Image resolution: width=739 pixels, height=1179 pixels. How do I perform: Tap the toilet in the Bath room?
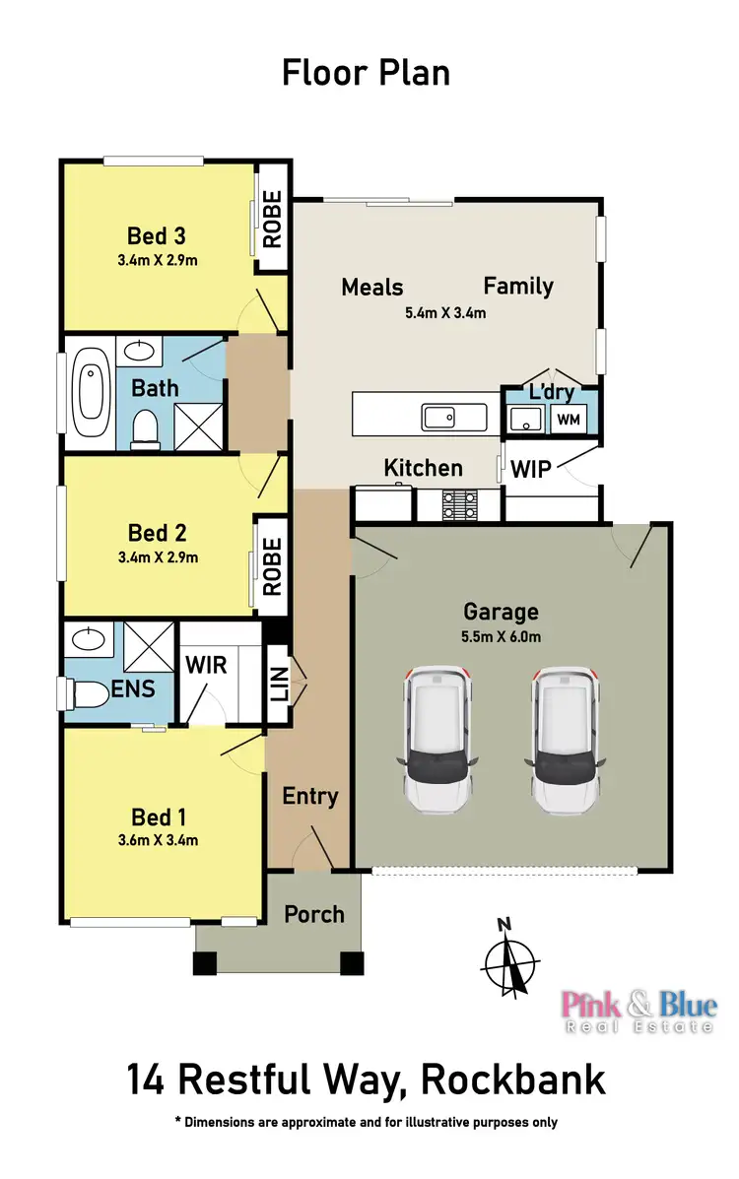pos(147,426)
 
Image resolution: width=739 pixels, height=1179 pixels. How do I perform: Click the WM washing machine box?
pos(569,421)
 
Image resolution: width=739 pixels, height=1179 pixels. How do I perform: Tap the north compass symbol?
pos(509,960)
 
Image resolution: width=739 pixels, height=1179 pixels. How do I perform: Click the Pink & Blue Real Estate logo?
pos(638,1011)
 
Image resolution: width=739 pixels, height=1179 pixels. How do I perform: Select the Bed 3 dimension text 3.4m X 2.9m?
pos(158,260)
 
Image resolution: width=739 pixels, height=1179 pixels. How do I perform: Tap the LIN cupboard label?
pos(279,679)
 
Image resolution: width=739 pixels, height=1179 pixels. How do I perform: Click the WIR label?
pos(206,665)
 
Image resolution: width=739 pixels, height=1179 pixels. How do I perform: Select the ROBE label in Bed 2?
pos(272,566)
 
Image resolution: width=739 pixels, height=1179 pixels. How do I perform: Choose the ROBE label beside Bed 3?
pos(272,219)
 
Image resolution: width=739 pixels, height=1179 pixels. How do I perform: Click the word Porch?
pos(314,914)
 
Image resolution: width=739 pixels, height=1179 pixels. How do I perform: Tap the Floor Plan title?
pos(366,73)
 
